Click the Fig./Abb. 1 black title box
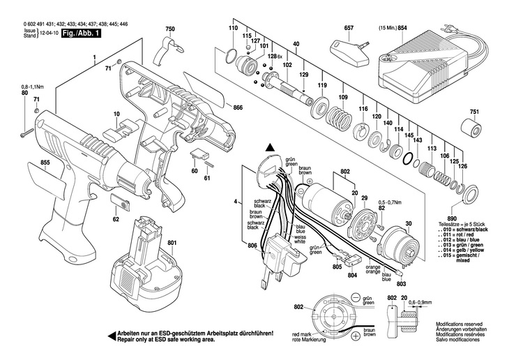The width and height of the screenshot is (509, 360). coord(79,33)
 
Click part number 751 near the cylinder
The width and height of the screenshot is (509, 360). coord(474,112)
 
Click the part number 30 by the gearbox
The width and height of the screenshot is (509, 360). coord(409,223)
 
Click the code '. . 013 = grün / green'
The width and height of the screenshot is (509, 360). coord(461,244)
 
